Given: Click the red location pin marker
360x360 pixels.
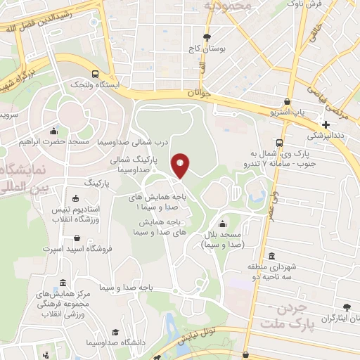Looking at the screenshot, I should pyautogui.click(x=181, y=165).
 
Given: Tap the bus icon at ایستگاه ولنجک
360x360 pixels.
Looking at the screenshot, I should pyautogui.click(x=95, y=73).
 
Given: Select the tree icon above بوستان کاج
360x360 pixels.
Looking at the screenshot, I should pyautogui.click(x=206, y=37).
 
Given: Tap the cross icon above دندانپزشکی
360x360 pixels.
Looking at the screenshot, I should pyautogui.click(x=325, y=124).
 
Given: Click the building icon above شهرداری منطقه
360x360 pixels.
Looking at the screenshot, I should pyautogui.click(x=272, y=256).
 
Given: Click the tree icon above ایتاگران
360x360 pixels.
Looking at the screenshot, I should pyautogui.click(x=345, y=307).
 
